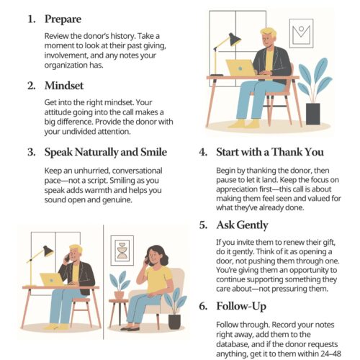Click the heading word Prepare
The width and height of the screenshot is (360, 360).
coord(63,19)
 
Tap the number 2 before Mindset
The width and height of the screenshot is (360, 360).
coord(31,86)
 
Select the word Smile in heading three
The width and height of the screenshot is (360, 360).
coord(154,152)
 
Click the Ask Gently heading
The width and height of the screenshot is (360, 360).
coord(242,225)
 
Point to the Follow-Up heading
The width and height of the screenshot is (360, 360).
coord(241,306)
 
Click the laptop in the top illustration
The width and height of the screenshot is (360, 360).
coord(240,68)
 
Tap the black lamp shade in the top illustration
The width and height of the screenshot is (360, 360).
coord(235,40)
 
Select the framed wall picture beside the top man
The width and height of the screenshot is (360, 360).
coord(302,33)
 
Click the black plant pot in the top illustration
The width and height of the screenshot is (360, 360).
coord(313,114)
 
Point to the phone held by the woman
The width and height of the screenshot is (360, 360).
coord(146,261)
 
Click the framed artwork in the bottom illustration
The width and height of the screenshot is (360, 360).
coord(122,251)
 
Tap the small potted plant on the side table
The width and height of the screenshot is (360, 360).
coord(120,285)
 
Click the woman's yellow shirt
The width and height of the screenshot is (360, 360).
coord(158,279)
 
